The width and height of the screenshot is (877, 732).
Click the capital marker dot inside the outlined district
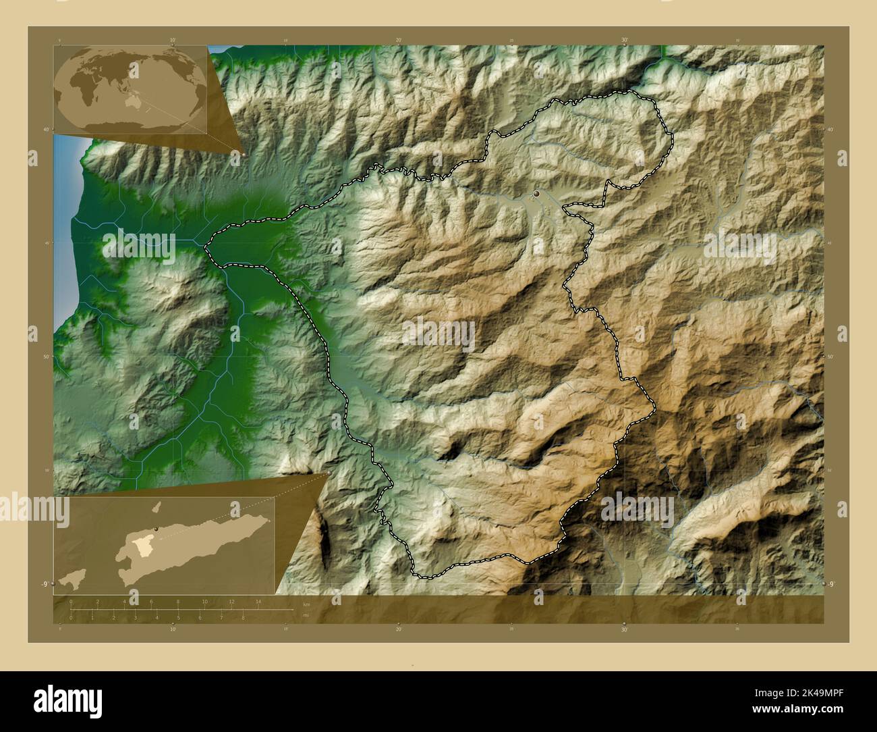coord(536,194)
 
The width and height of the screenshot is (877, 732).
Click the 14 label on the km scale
coord(258,602)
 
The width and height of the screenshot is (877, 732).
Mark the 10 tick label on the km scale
coord(204,602)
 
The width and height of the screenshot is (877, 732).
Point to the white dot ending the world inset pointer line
coord(244,154)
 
